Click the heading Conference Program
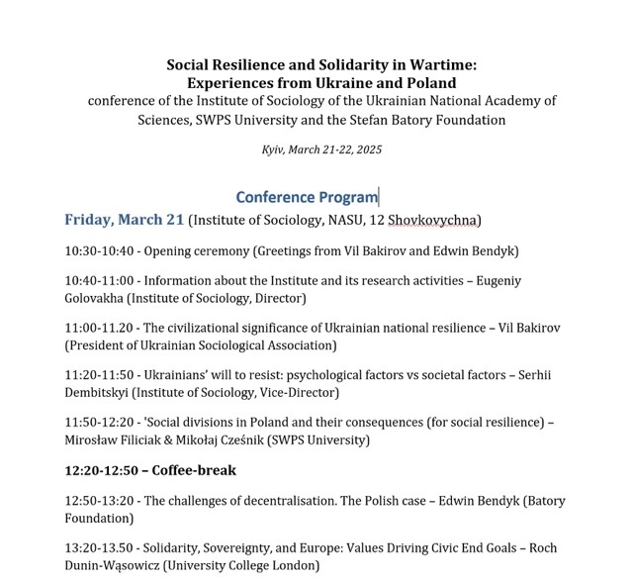307,197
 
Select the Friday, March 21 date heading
124,220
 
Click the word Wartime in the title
440,64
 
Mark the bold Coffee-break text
194,471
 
